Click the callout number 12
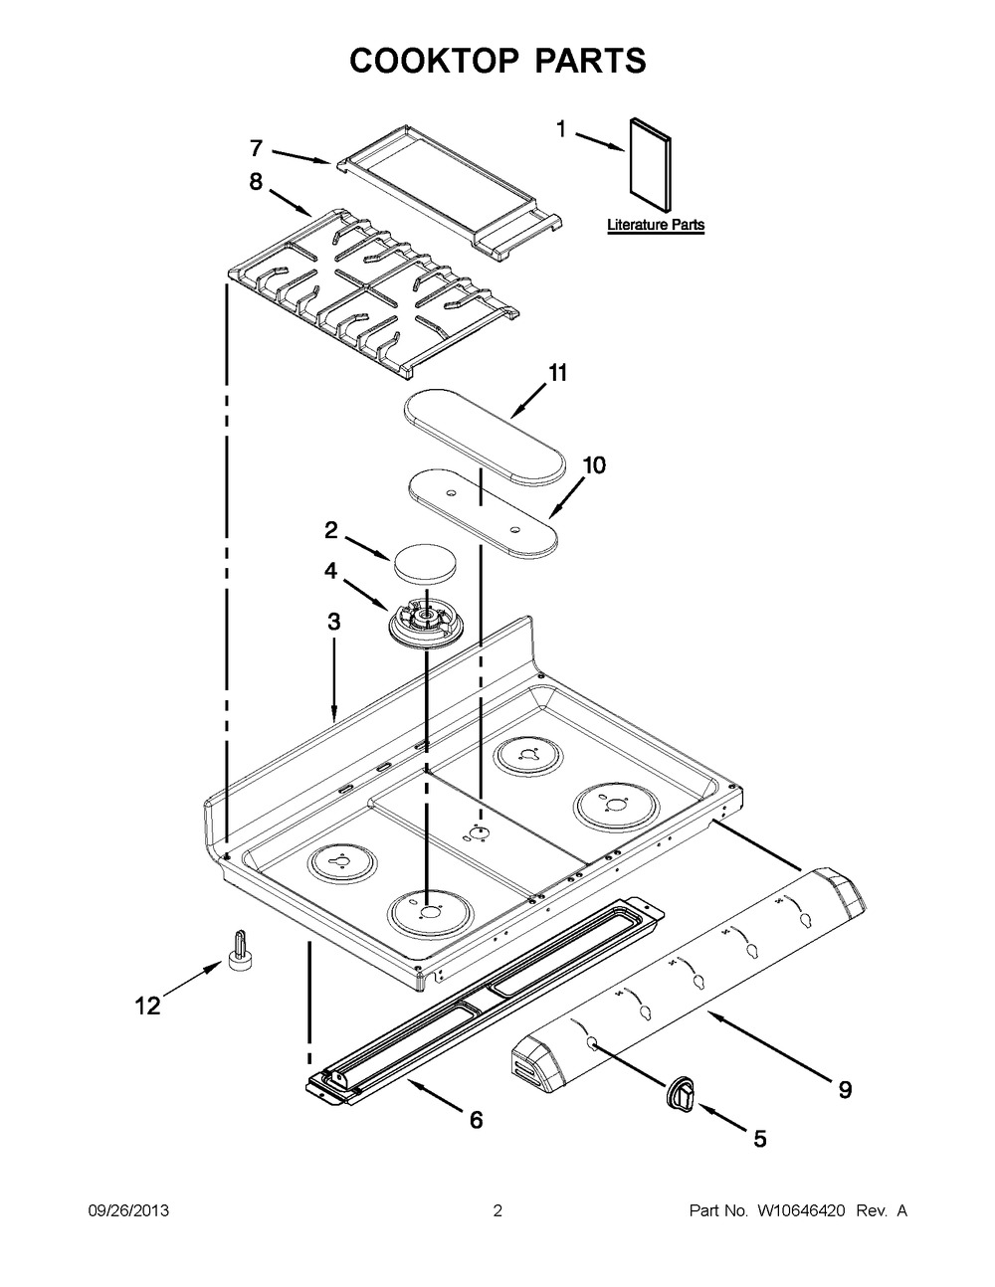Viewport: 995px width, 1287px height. [146, 1007]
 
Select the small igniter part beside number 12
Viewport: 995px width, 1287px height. [241, 949]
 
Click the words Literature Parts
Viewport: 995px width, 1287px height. [656, 225]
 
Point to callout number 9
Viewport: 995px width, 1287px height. [844, 1090]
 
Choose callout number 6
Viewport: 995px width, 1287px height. [476, 1120]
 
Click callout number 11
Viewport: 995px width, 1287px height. [557, 373]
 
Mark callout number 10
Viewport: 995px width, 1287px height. [593, 465]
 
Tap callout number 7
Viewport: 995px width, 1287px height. [257, 148]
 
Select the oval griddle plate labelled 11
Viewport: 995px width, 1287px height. [485, 436]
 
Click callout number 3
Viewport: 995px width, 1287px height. [334, 623]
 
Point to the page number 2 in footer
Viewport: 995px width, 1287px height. [497, 1210]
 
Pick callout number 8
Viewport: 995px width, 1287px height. [257, 182]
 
